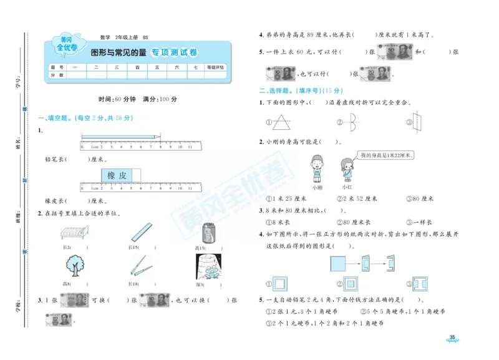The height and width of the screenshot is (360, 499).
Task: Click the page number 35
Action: pos(453,339)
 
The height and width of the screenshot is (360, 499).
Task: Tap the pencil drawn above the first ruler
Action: pos(120,135)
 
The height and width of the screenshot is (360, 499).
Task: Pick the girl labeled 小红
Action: pos(347,170)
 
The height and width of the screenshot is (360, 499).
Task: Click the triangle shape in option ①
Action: pos(284,122)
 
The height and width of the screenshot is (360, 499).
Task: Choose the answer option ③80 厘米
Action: pos(419,199)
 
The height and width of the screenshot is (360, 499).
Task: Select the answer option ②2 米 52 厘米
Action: pos(357,199)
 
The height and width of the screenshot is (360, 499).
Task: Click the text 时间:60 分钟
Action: pos(116,99)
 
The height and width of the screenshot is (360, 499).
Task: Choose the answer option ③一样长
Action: pos(420,221)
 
